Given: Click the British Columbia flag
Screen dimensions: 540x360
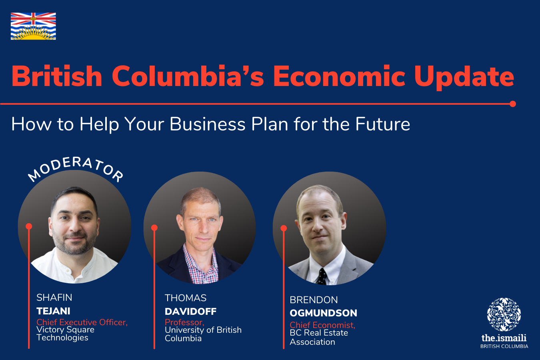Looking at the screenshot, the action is (33, 26).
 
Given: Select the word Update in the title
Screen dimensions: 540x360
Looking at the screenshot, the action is (464, 78).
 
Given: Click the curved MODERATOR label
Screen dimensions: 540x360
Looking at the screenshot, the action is (76, 169).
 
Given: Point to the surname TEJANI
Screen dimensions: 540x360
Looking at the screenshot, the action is (53, 311).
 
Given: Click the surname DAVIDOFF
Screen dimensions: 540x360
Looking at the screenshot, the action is (190, 312).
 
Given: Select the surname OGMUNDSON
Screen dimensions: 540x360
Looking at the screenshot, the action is (323, 313).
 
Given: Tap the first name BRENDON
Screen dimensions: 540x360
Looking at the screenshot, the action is (314, 300).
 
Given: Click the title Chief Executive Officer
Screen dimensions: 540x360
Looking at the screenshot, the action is (82, 322).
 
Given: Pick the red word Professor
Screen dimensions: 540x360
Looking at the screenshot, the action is (184, 322).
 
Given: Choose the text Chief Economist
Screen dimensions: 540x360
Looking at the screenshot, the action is (322, 325).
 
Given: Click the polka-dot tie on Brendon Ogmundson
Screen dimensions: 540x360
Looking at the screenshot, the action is (322, 276).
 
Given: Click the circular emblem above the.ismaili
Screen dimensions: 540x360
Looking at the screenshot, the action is (504, 314).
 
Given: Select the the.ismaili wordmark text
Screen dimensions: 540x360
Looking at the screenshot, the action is (504, 338).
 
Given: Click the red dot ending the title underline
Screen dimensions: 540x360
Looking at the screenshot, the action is (513, 104).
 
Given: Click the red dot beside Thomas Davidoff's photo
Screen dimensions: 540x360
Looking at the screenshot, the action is (154, 228).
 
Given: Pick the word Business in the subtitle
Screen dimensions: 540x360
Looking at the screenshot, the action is (208, 124).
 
